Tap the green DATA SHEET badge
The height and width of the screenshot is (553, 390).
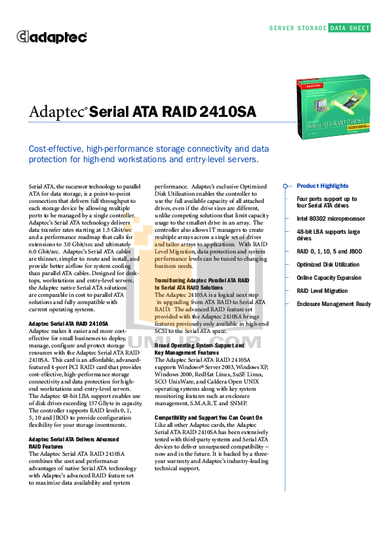[349, 28]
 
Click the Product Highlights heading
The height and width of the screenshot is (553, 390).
[322, 186]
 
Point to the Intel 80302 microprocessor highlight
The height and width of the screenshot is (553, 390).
[330, 218]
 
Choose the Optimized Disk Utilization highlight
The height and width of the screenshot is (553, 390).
[328, 265]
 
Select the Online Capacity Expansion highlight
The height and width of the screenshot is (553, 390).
[329, 278]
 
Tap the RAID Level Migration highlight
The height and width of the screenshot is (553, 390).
[322, 291]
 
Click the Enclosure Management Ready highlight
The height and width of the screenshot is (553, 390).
[334, 304]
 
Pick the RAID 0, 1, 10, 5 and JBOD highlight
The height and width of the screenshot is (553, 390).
[329, 252]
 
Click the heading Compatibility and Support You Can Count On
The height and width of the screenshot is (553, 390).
[208, 418]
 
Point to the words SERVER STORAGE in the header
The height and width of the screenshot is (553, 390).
[298, 28]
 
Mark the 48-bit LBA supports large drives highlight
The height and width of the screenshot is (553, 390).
[328, 234]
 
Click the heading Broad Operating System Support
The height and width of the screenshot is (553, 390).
[199, 345]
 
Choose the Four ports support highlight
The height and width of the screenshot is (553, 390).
[326, 202]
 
